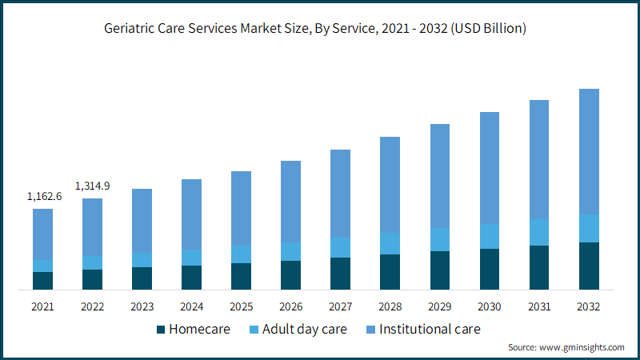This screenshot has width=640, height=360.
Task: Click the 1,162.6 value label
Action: [x=44, y=196]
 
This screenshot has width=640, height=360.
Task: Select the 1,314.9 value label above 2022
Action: [x=92, y=186]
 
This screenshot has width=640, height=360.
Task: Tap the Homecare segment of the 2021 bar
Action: [x=42, y=280]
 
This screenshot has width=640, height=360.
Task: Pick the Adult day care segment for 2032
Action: [x=589, y=228]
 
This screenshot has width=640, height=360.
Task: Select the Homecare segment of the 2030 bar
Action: [x=490, y=269]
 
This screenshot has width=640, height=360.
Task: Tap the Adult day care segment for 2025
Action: [x=241, y=254]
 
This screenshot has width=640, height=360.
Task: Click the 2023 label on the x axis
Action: [x=142, y=306]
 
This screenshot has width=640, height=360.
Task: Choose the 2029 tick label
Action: [x=440, y=306]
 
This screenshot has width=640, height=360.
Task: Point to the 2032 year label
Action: [x=589, y=306]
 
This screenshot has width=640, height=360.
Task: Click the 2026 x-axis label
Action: [x=290, y=306]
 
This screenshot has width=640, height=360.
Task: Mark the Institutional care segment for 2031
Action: [x=539, y=159]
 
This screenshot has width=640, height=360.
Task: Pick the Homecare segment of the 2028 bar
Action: [x=390, y=272]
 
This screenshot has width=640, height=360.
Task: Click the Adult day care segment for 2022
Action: [x=92, y=262]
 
